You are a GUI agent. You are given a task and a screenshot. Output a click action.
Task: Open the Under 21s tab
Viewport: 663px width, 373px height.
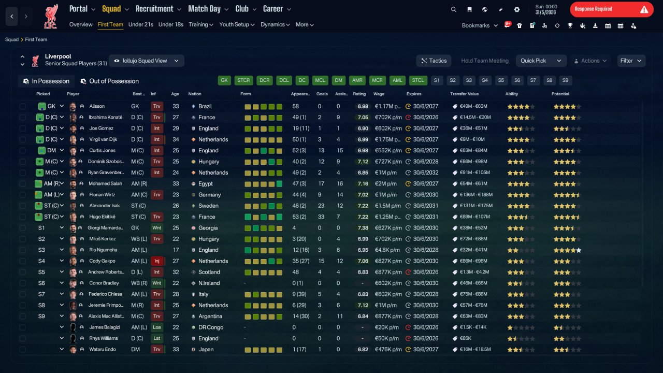pos(140,24)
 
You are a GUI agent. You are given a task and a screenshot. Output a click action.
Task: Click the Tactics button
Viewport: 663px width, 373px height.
pos(434,61)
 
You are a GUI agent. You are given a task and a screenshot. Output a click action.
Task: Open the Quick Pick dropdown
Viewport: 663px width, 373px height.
pos(541,61)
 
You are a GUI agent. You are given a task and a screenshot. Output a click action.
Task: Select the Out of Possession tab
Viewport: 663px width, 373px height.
pos(110,81)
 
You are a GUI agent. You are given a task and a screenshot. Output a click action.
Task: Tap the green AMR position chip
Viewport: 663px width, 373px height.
pos(357,80)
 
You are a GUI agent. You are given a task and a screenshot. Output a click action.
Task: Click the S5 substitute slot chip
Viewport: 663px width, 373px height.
pos(501,80)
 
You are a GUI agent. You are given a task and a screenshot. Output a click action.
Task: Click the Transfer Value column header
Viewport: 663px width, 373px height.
pos(464,94)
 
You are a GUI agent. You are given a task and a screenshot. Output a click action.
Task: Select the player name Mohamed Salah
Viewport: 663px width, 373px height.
pos(105,183)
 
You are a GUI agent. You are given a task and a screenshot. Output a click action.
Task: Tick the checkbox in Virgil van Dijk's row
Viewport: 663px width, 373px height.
pos(22,139)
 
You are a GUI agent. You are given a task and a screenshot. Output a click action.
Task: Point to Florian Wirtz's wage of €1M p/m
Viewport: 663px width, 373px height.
pos(386,195)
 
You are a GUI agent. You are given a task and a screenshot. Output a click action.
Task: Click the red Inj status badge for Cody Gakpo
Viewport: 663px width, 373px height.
pos(157,261)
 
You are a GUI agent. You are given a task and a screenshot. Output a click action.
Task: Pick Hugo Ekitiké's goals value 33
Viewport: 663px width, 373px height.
pos(321,217)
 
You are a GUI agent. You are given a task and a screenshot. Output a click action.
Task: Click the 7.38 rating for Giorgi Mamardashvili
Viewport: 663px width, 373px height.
pos(363,227)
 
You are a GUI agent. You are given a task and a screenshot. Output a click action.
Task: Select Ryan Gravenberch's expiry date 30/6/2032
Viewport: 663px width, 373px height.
pos(426,173)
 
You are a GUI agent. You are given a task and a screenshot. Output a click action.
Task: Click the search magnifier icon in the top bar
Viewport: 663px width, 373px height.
pos(453,9)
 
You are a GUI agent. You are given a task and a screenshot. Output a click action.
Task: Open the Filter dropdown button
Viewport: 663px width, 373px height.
pos(631,61)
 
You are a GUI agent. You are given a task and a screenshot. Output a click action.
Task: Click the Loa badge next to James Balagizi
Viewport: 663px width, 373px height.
pos(156,327)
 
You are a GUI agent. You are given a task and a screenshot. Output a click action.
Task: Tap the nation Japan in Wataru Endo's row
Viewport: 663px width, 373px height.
pos(206,349)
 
